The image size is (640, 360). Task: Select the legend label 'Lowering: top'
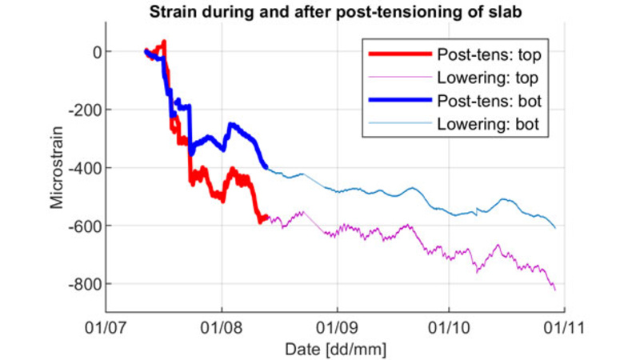[x=487, y=78]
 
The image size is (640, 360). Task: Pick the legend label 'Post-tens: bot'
[x=488, y=102]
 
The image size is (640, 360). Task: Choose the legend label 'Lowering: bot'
[x=487, y=125]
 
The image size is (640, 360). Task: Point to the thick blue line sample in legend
[x=400, y=102]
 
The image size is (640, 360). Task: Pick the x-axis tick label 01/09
[x=337, y=327]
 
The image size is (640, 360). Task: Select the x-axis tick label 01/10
[x=449, y=327]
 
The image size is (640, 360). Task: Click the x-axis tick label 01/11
[x=564, y=327]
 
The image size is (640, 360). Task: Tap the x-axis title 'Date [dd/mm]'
[x=335, y=349]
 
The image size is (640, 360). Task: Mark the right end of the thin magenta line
[x=555, y=290]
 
